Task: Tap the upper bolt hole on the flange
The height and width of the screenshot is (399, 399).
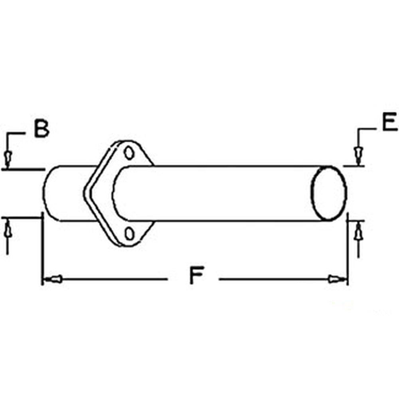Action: click(x=128, y=153)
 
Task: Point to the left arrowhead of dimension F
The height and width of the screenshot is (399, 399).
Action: click(x=53, y=279)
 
